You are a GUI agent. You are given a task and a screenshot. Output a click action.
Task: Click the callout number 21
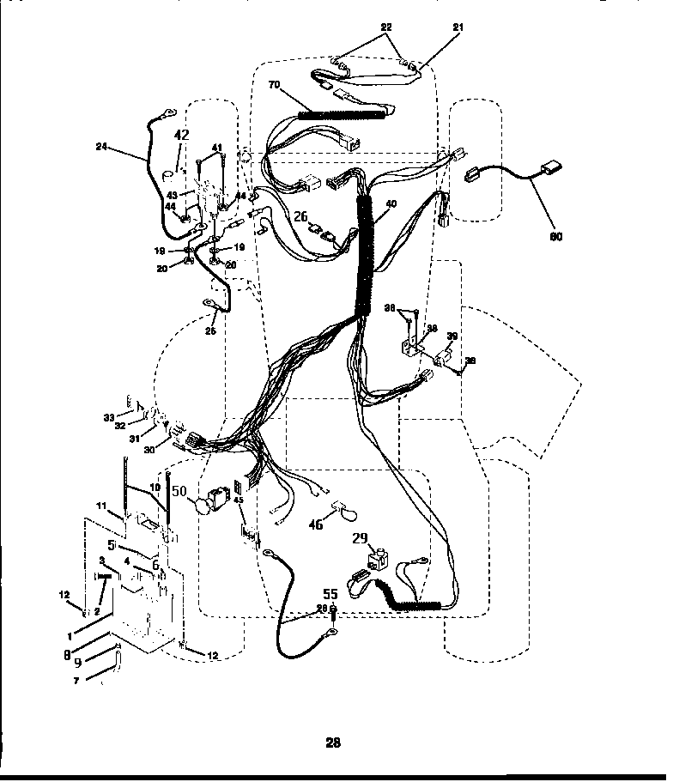coord(458,28)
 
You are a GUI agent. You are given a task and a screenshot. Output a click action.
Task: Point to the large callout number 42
coord(181,135)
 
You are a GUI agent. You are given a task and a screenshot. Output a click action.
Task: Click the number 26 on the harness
coord(300,218)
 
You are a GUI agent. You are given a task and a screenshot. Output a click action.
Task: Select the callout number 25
coord(213,330)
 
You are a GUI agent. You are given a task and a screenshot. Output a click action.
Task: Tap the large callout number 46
coord(316,524)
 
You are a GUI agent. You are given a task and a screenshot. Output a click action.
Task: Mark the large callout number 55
coord(330,593)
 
